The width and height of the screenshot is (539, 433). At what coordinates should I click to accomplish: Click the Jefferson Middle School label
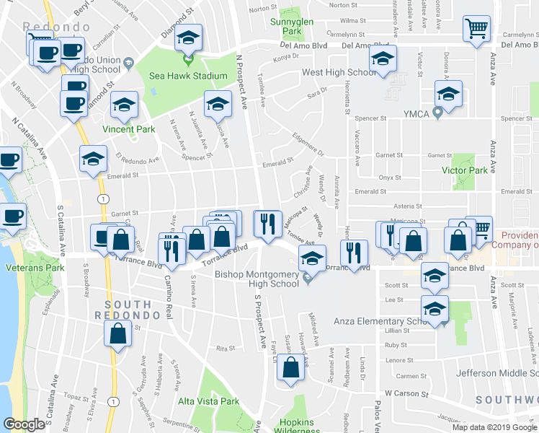click(498, 373)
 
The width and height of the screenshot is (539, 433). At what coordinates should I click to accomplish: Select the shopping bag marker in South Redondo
click(117, 334)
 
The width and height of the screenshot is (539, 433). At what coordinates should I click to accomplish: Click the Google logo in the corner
click(24, 424)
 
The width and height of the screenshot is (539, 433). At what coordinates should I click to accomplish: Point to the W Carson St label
click(407, 394)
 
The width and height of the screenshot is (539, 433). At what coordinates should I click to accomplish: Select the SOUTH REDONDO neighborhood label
click(126, 305)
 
